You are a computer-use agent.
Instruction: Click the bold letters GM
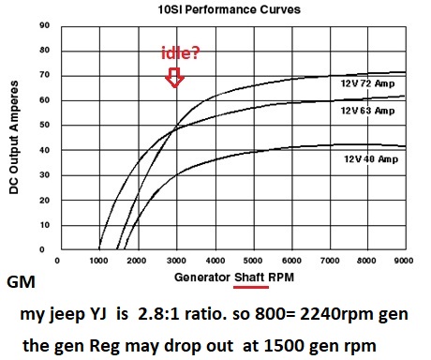pos(21,282)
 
